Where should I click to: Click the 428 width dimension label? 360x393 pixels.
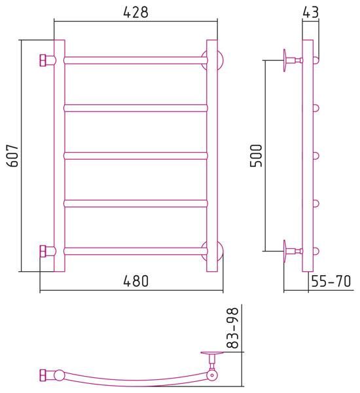point(135,12)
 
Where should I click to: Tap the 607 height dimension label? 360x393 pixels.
point(12,155)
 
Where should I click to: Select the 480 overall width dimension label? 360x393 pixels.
point(135,281)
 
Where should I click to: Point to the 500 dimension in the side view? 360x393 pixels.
point(256,155)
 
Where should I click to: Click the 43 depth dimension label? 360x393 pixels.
point(311,12)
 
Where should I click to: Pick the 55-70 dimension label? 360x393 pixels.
point(331,281)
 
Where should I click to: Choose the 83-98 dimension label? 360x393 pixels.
point(232,328)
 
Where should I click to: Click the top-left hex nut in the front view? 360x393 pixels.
point(43,60)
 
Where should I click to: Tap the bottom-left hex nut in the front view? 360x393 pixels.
point(43,251)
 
